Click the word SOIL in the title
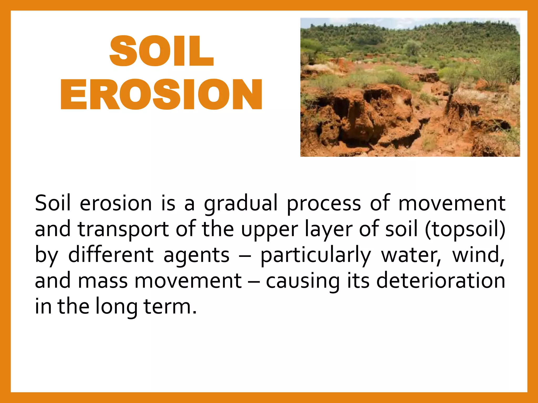pyautogui.click(x=161, y=51)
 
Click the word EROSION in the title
pyautogui.click(x=161, y=94)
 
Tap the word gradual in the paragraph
pyautogui.click(x=241, y=204)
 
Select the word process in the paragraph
pyautogui.click(x=324, y=204)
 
